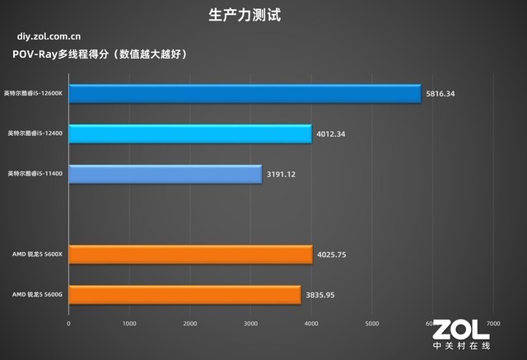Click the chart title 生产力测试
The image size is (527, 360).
tap(263, 14)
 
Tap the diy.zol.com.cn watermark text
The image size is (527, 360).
tap(49, 36)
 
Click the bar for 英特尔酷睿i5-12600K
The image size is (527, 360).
tap(245, 93)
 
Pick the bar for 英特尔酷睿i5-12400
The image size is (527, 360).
tap(190, 133)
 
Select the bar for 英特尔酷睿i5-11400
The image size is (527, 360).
tap(166, 174)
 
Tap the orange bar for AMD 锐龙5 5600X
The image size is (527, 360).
tap(190, 255)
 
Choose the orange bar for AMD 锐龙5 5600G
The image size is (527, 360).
tap(184, 294)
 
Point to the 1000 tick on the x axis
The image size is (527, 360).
tap(129, 324)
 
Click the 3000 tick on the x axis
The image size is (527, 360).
tap(251, 324)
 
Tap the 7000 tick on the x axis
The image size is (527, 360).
tap(493, 324)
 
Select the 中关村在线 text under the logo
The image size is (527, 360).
tap(461, 348)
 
